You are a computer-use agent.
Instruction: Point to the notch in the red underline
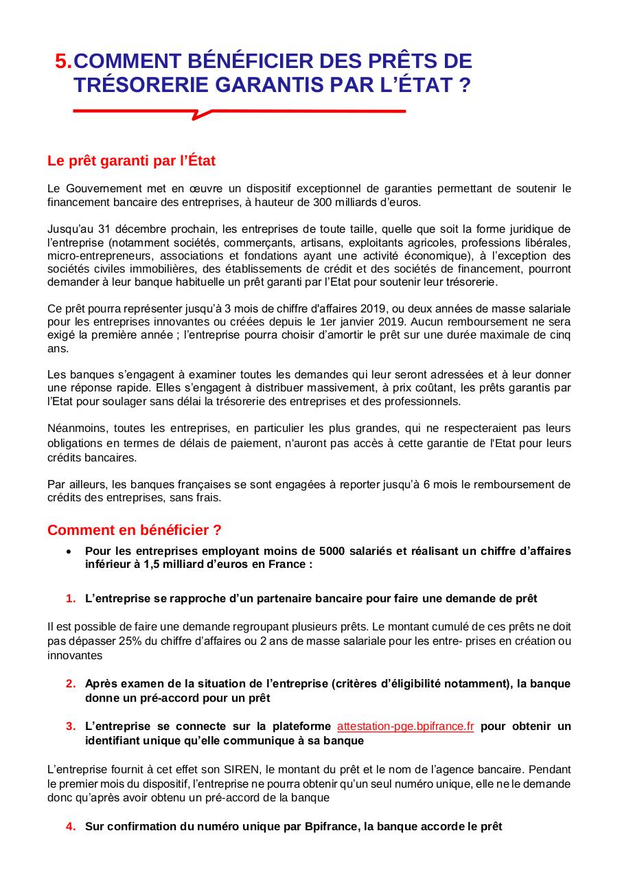point(198,115)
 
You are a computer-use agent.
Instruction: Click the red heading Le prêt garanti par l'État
point(131,161)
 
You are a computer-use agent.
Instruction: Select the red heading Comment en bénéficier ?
point(134,530)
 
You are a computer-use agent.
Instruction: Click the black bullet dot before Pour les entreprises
point(68,551)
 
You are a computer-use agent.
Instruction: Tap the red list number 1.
point(70,598)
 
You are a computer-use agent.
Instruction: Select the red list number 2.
point(70,683)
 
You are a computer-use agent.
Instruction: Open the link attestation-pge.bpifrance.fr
point(405,726)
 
